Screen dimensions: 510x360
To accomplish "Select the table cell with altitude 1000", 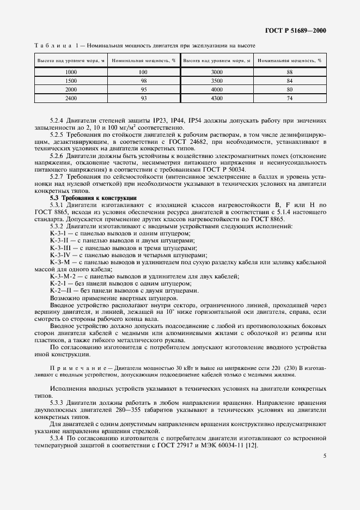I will (71, 72).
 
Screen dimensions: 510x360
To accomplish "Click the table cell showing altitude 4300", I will (217, 98).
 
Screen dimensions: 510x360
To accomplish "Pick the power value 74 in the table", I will (289, 98).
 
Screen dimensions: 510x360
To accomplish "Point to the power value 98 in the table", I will (143, 81).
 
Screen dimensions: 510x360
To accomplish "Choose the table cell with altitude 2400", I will (71, 98).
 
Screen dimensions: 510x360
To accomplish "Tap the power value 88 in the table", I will (289, 72).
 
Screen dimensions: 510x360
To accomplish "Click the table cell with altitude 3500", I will (217, 81).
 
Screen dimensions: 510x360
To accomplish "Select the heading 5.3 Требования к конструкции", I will (94, 198).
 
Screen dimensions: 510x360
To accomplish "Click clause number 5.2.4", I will (59, 119).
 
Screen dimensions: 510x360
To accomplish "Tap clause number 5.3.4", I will (59, 438).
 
